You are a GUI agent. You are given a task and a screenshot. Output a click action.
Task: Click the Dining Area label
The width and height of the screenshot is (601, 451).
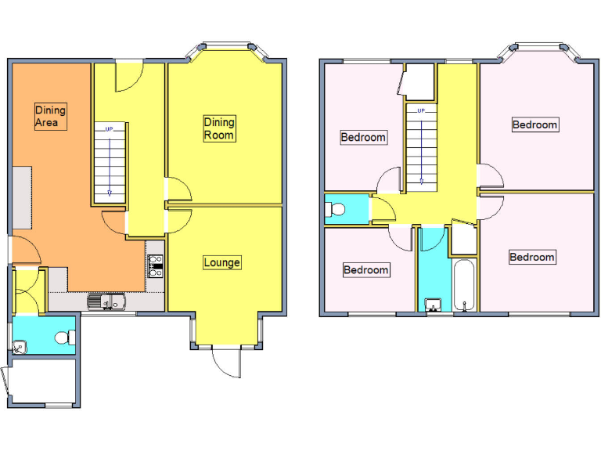50,116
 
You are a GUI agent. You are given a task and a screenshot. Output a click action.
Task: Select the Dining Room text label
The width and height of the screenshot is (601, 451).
219,128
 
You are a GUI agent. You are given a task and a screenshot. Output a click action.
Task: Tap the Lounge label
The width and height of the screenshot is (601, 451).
221,262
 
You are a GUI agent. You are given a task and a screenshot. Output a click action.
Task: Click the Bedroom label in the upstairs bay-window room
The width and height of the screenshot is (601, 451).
534,124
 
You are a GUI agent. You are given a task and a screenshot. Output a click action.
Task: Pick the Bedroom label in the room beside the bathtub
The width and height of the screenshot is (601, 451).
532,257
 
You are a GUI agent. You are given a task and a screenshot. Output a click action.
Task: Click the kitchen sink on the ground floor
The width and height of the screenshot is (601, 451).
105,301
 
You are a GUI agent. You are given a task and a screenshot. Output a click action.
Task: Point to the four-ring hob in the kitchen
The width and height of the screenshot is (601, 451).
154,266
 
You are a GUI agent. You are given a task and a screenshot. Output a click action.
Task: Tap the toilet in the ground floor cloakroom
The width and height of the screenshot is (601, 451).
66,337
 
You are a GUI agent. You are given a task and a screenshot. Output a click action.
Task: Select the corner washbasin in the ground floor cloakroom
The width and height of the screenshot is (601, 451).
19,346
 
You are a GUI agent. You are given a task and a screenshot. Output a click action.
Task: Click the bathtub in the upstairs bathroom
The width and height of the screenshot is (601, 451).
464,283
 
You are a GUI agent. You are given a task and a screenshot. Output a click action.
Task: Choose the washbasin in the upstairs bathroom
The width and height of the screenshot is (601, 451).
433,304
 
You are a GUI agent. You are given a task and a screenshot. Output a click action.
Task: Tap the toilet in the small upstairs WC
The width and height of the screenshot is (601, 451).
336,209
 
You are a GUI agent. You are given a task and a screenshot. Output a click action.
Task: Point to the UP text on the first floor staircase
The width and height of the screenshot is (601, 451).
421,111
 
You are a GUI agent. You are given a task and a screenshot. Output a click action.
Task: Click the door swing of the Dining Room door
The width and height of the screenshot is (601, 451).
178,189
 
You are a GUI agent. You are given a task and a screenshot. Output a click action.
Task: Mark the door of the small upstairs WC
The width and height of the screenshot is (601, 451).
382,210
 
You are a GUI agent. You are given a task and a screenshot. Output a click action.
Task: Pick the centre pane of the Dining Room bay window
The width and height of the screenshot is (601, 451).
227,45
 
